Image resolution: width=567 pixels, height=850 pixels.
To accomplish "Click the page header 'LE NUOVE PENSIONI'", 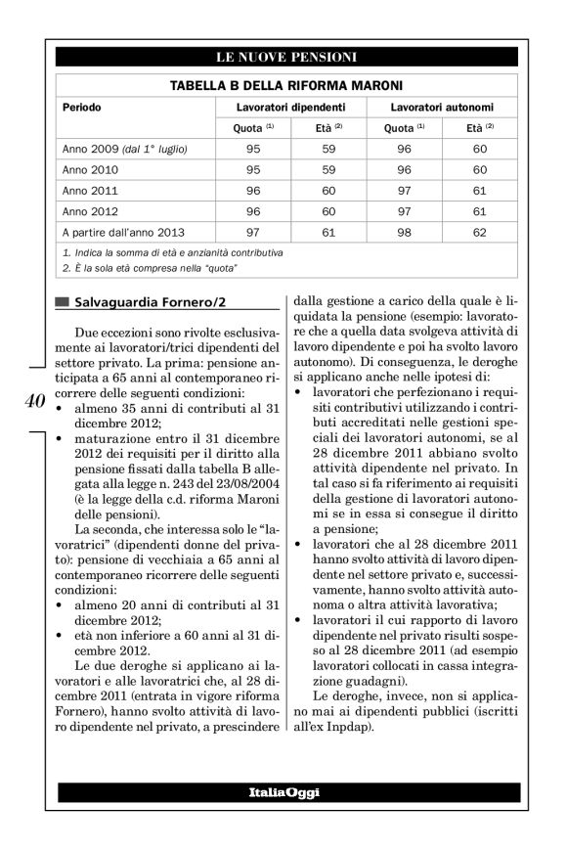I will [x=286, y=57].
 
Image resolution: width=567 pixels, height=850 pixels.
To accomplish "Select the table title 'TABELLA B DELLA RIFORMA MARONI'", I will [x=286, y=86].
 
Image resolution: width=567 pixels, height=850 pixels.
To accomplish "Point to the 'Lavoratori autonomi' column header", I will [x=441, y=106].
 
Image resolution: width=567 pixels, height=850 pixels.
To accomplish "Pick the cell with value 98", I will [x=398, y=233].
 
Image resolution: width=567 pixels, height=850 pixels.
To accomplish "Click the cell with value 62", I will [x=479, y=233].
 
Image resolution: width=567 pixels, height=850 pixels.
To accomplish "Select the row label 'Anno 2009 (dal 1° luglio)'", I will [x=124, y=149].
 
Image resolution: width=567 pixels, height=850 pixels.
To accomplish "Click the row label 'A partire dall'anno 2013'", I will [x=123, y=233].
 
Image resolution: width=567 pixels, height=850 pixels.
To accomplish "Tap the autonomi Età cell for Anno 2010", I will [x=479, y=169].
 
